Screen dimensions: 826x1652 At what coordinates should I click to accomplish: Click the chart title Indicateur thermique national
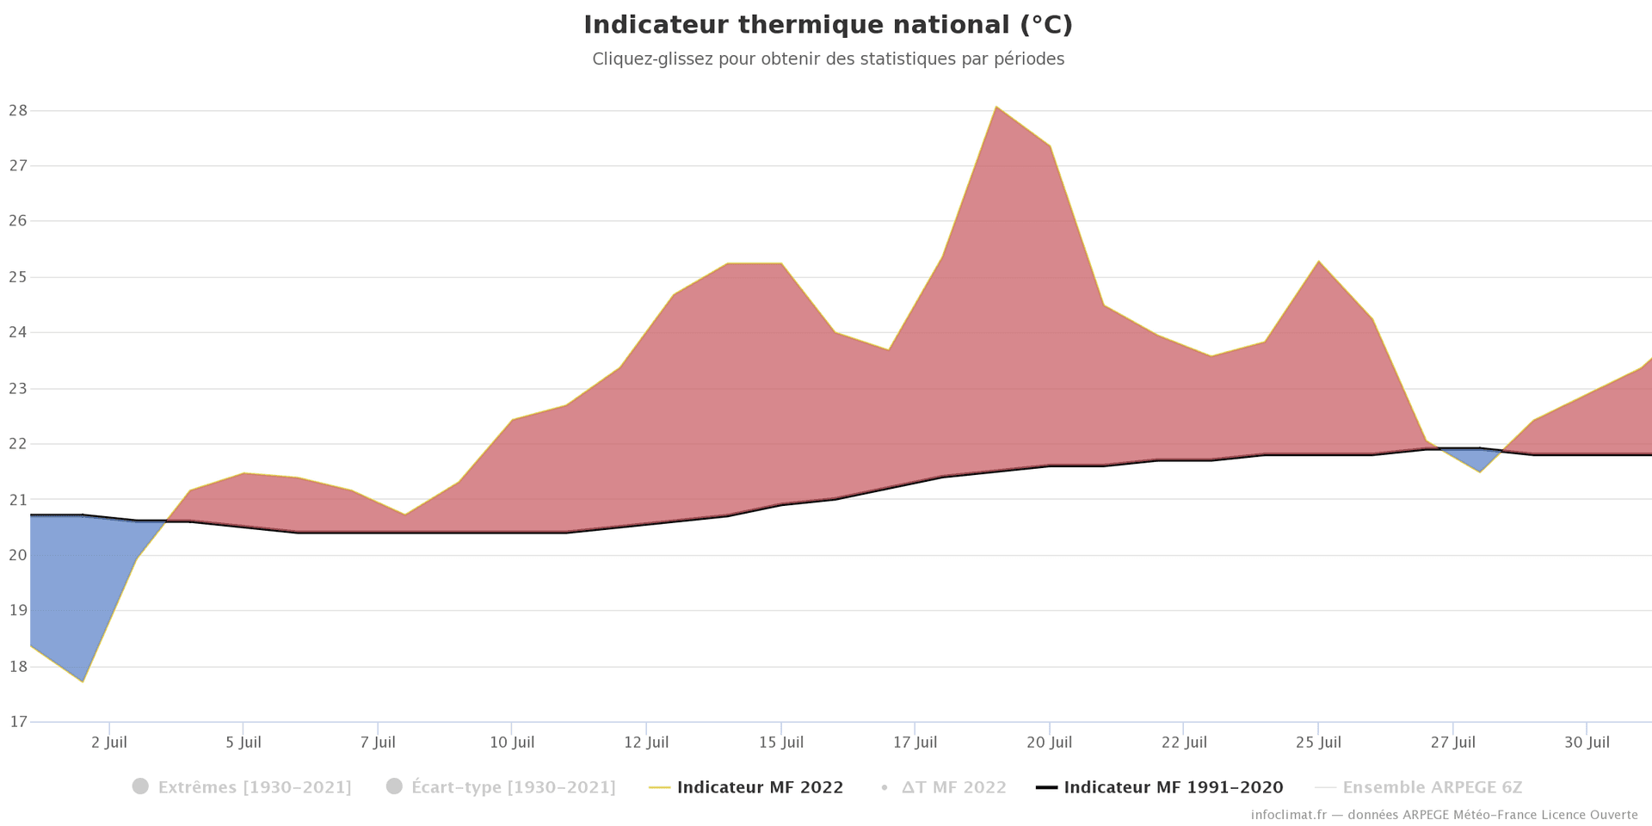coord(828,25)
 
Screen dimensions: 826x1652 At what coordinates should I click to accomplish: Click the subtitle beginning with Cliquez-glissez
coord(828,59)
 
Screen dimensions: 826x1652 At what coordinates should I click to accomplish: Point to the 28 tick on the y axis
coord(18,110)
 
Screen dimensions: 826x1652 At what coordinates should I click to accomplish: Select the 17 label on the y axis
coord(18,722)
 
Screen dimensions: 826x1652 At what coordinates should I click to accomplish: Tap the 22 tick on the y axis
coord(18,444)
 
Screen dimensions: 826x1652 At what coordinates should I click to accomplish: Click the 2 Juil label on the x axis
coord(109,743)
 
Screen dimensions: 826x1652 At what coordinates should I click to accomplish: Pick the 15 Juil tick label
coord(780,743)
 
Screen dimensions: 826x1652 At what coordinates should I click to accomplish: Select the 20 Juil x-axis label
coord(1049,743)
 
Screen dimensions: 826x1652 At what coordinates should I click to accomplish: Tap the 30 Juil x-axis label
coord(1587,743)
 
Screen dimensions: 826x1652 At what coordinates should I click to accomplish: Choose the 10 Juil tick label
coord(512,743)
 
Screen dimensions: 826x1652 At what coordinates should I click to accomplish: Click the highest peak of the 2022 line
coord(996,107)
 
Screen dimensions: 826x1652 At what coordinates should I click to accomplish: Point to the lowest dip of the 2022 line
coord(83,681)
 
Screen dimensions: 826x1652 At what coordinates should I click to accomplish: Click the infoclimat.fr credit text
coord(1444,815)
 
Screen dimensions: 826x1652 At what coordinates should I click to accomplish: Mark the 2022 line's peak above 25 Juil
coord(1318,261)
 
